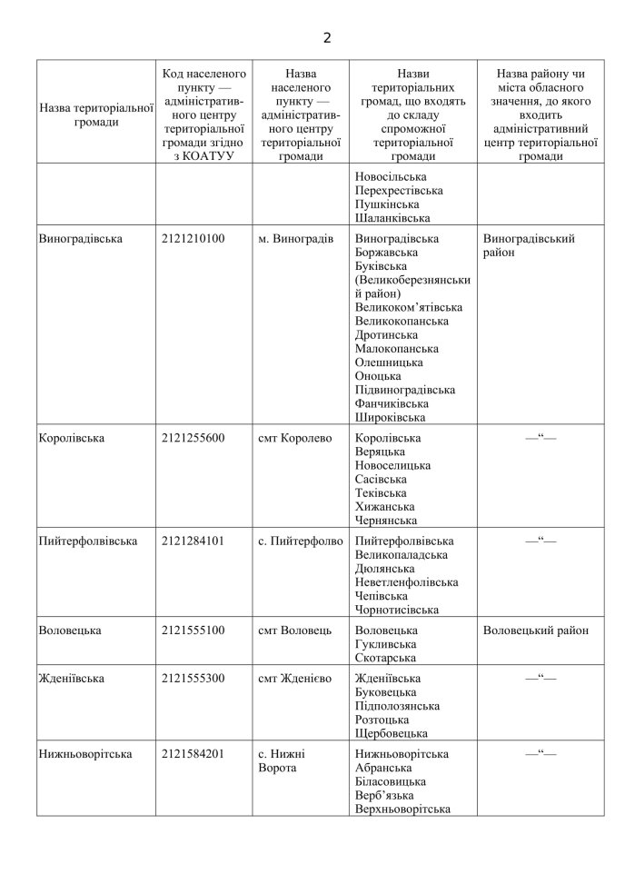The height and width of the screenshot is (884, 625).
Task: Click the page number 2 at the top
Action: (327, 38)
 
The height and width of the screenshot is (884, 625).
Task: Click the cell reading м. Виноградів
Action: (295, 239)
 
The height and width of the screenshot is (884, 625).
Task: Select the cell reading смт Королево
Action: (295, 438)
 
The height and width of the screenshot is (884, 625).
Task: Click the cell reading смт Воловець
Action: (295, 630)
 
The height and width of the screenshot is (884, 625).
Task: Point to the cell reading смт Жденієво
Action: (295, 678)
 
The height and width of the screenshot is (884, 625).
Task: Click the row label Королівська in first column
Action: (72, 438)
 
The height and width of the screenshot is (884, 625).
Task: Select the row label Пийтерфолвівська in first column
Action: (88, 541)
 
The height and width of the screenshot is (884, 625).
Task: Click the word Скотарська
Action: (386, 658)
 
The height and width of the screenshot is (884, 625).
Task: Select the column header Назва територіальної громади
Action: (96, 114)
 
